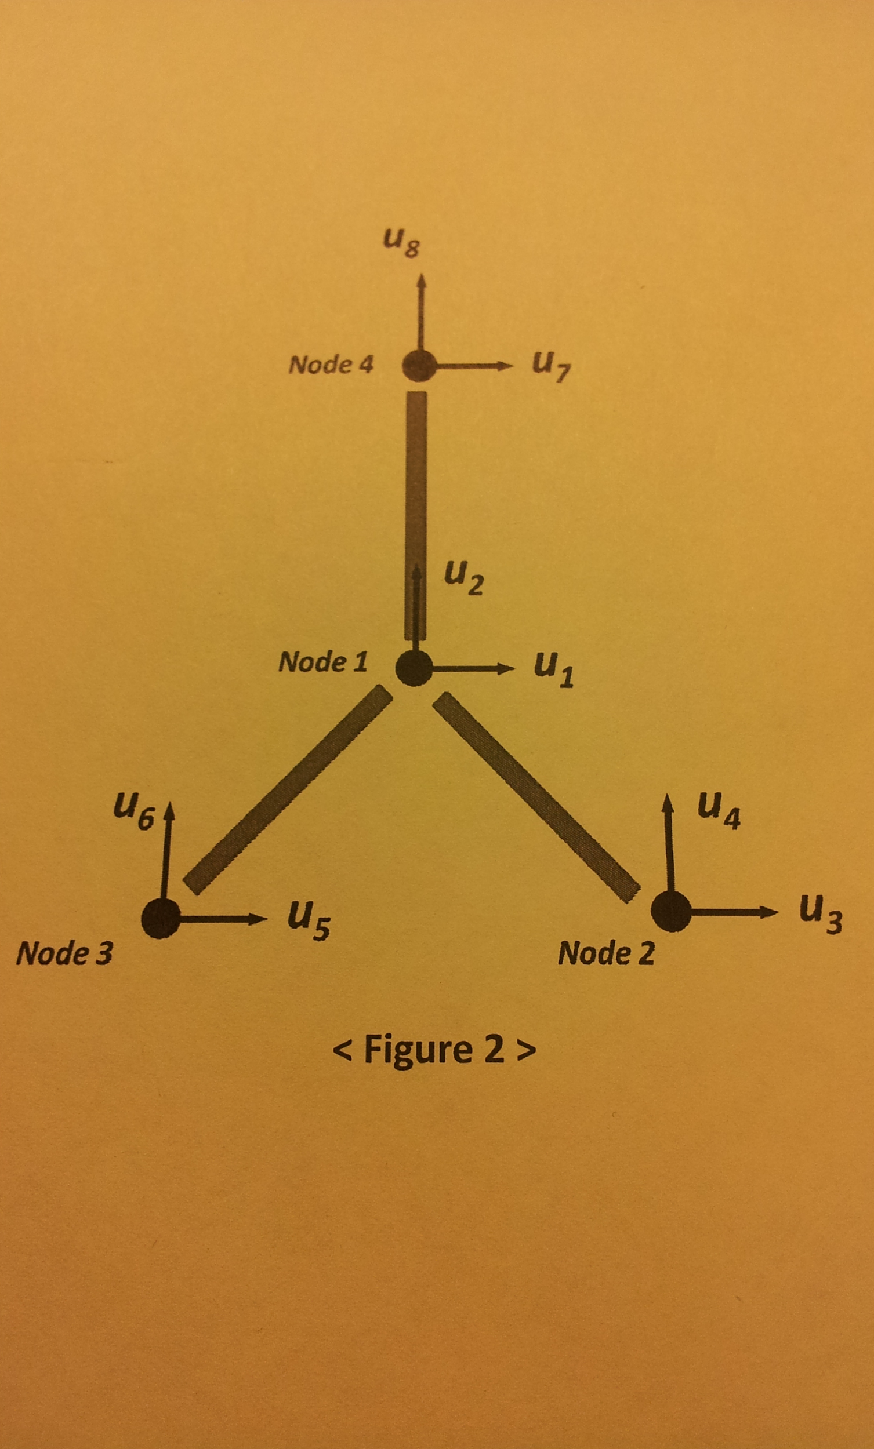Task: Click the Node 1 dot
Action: (x=414, y=668)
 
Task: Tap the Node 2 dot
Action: (x=671, y=911)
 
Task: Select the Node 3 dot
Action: (x=161, y=919)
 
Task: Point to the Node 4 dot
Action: (x=419, y=366)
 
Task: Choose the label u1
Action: (x=554, y=671)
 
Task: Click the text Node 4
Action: (x=331, y=365)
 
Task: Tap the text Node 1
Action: (x=323, y=662)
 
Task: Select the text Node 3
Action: (x=64, y=953)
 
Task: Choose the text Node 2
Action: (x=606, y=953)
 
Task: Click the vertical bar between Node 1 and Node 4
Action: (x=416, y=516)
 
